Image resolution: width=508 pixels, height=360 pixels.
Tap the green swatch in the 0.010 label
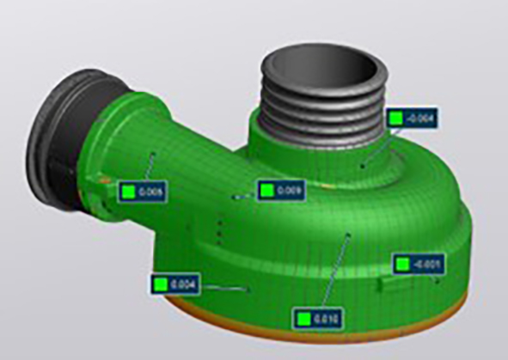point(303,319)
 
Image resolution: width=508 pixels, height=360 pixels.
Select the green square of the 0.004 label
point(161,284)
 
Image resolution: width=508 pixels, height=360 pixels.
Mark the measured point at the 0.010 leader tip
point(348,233)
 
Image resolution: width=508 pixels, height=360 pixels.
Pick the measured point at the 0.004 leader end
point(249,290)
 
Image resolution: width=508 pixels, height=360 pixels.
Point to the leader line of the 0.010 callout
point(335,271)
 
